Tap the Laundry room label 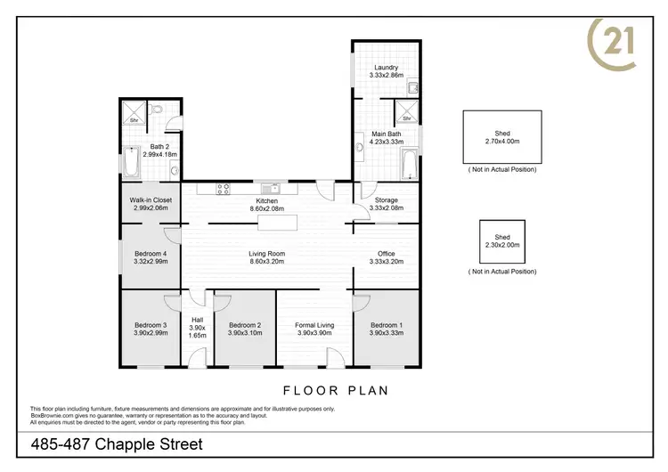coord(386,68)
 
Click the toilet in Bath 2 coord(156,112)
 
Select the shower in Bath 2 coord(135,116)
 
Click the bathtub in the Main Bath coord(410,165)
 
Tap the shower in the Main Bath coord(406,114)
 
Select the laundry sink coord(413,87)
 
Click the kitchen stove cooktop coord(223,188)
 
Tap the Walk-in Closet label coord(151,200)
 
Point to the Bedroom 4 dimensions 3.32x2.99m coord(151,262)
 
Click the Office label coord(386,254)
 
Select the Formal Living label coord(314,325)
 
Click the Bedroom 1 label coord(386,325)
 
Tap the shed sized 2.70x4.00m coord(502,137)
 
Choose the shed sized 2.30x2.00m coord(502,241)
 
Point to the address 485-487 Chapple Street coord(117,444)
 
